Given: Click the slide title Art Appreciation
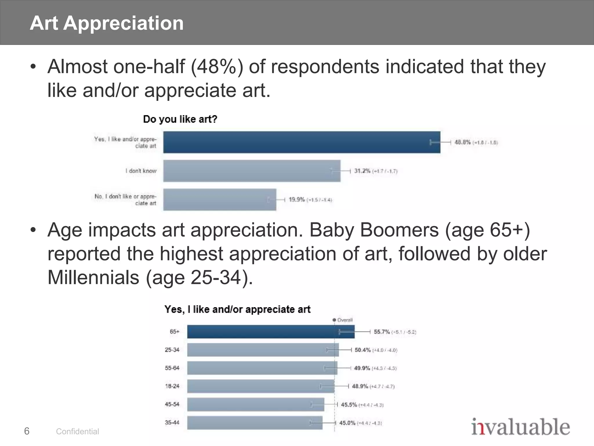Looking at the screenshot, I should coord(106,23).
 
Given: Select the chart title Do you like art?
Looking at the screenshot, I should coord(180,119).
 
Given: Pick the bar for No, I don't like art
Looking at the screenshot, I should coord(219,200).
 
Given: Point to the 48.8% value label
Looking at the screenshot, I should coord(462,142).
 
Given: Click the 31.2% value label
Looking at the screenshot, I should coord(362,171).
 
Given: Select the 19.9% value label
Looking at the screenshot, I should coord(297,200).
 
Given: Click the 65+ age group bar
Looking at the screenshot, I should coord(270,332).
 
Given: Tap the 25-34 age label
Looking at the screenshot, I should coord(172,350).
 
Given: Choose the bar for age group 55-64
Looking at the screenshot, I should coord(262,368).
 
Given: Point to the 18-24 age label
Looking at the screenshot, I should coord(172,386).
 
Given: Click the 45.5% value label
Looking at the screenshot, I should coord(349,404).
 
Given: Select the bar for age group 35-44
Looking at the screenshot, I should coord(254,423).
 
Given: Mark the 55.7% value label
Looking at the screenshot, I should coord(382,332).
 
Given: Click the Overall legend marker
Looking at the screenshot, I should coord(334,320).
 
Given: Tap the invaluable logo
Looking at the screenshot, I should coord(520,427).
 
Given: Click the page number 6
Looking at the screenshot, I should coord(27,431).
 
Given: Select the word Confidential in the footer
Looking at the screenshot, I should coord(77,431).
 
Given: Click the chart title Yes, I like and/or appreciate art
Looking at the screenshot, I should coord(237,310).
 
